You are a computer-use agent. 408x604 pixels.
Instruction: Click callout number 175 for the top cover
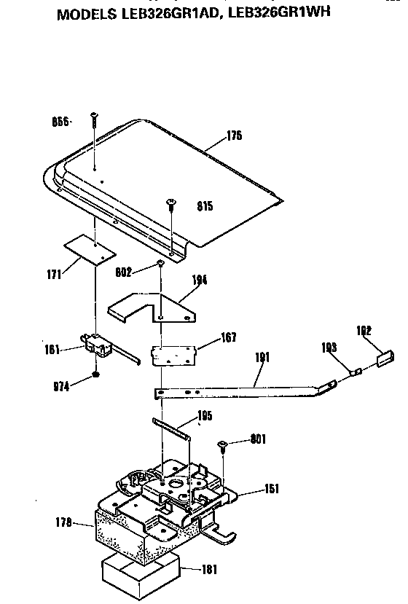tap(234, 136)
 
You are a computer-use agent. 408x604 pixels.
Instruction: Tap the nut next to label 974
tap(96, 375)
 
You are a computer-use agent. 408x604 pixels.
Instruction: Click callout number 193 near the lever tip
tap(329, 348)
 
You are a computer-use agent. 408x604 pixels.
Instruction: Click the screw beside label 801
tap(224, 445)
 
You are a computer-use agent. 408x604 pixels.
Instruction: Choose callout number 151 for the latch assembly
tap(272, 489)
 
